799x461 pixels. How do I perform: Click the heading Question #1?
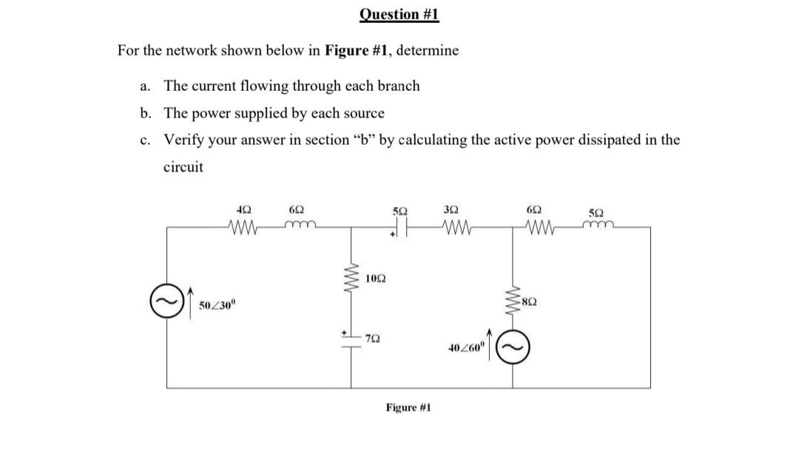pos(399,15)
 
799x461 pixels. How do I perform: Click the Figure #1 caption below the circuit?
pos(408,407)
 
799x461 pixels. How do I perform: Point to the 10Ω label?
pos(375,279)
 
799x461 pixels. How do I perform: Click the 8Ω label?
pos(528,300)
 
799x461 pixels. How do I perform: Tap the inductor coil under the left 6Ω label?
pos(300,228)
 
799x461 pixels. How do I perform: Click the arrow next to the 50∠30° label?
pos(188,304)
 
